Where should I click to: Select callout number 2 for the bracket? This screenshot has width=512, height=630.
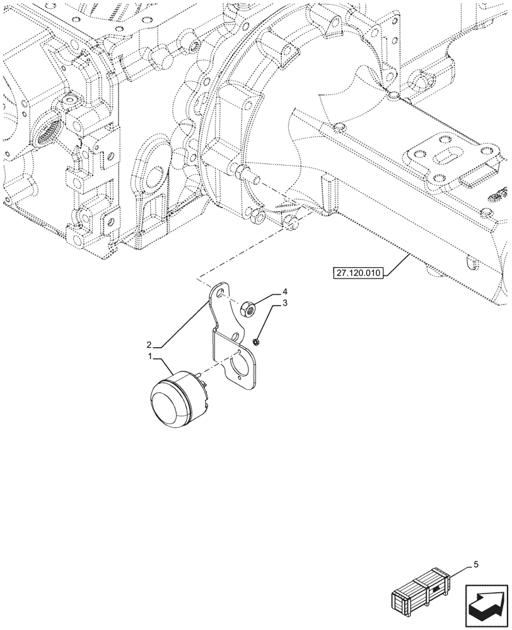click(149, 345)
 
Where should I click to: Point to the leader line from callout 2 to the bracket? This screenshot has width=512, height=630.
click(182, 323)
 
